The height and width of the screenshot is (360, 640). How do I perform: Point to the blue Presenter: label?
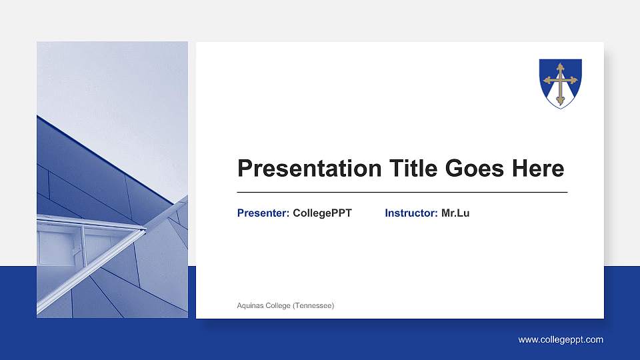pos(263,213)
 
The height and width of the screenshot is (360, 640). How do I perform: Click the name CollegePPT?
pos(322,213)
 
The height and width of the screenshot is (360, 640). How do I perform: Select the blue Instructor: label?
pos(411,213)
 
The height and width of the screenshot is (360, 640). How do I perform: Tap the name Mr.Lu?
pos(455,213)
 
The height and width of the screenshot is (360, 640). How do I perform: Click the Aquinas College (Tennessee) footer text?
pos(285,305)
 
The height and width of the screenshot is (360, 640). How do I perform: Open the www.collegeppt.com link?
pos(561,340)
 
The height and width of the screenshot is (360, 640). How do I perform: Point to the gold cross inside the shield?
pos(560,81)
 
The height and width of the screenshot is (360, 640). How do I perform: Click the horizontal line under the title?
pos(402,192)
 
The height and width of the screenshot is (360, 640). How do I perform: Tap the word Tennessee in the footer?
pos(317,305)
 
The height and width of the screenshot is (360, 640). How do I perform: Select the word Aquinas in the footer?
pos(249,305)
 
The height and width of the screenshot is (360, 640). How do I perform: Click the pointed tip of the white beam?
pos(145,230)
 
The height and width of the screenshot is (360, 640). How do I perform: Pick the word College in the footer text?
pos(278,305)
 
